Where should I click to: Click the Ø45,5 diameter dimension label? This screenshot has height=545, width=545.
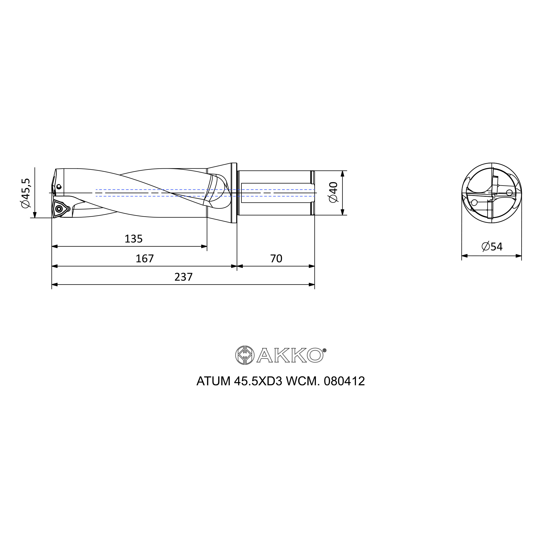pos(25,193)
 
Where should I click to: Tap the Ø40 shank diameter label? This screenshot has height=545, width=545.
pos(333,192)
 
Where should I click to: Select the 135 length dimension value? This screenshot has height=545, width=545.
pos(134,239)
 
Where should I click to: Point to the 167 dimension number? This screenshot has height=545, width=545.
pos(145,258)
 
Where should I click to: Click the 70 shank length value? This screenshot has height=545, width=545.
pos(276,258)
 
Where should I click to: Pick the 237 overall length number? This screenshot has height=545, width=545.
pos(183,277)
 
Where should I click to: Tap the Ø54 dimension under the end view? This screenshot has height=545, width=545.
pos(492,247)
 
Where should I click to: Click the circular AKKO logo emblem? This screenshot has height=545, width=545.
pos(245,355)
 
